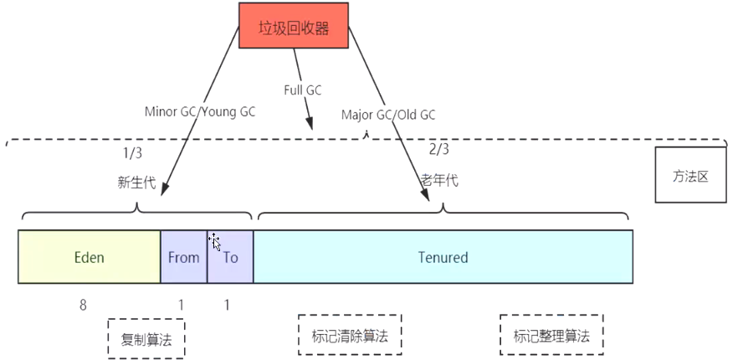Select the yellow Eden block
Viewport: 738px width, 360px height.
89,257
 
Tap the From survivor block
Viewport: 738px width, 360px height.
183,257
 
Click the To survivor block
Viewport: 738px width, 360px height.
230,257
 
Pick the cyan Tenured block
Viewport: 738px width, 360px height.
443,257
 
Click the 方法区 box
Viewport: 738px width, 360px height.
691,177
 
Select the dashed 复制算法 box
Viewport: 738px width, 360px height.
146,338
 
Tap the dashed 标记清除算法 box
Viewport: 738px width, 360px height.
350,335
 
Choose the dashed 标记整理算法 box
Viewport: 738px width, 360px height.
551,336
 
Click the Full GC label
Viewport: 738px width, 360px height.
302,90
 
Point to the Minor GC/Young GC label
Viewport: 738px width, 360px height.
200,111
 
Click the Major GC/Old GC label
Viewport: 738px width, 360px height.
388,115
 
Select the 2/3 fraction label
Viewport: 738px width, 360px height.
438,149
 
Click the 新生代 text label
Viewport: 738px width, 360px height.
136,182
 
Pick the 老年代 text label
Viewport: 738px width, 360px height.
439,180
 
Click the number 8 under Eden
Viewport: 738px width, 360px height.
83,305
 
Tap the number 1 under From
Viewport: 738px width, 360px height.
181,305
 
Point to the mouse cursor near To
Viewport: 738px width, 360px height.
215,242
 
